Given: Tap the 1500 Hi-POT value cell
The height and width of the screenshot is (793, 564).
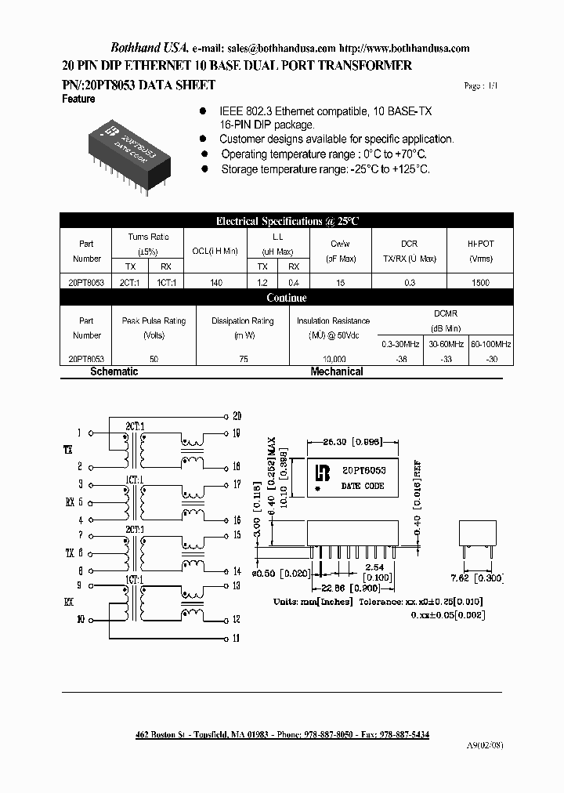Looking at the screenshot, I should click(x=480, y=283).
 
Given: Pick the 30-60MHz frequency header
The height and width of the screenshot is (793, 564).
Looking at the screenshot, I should click(x=445, y=344).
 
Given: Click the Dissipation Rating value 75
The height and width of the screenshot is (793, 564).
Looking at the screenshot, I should click(x=243, y=359).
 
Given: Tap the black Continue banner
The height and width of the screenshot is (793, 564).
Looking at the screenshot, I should click(x=287, y=298).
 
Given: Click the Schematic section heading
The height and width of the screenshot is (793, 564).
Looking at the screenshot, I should click(x=114, y=371).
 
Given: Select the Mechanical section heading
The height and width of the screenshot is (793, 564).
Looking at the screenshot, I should click(x=337, y=371).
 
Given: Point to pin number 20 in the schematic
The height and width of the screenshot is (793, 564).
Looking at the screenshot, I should click(x=237, y=416).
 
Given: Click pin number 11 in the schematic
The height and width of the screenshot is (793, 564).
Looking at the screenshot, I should click(x=237, y=639).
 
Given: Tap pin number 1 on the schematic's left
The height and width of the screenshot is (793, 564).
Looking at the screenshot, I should click(x=79, y=433).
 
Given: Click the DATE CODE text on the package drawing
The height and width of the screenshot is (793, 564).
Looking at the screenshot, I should click(x=362, y=486).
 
